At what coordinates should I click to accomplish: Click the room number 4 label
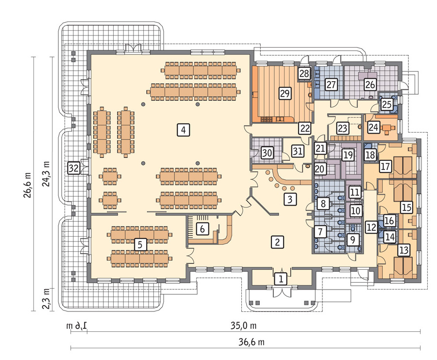[184, 130]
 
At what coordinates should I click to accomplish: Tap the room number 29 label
[285, 93]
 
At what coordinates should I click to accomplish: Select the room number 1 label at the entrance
[281, 278]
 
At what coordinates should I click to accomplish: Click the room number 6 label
[202, 229]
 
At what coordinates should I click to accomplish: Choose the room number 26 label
[370, 85]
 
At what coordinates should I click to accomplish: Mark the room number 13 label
[403, 250]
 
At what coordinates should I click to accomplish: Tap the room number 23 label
[342, 128]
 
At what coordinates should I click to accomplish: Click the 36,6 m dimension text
[252, 342]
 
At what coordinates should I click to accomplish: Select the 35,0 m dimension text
[243, 326]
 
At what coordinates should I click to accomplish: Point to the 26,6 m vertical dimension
[28, 185]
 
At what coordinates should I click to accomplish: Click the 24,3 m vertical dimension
[46, 173]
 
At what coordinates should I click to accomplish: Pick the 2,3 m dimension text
[46, 299]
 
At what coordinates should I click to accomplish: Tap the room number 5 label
[140, 244]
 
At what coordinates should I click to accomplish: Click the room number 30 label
[267, 153]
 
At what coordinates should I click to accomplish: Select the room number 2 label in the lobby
[277, 241]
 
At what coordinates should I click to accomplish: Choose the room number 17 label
[385, 167]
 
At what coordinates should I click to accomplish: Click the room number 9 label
[353, 240]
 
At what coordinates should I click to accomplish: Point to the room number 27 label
[331, 84]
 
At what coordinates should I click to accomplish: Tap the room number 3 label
[290, 199]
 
